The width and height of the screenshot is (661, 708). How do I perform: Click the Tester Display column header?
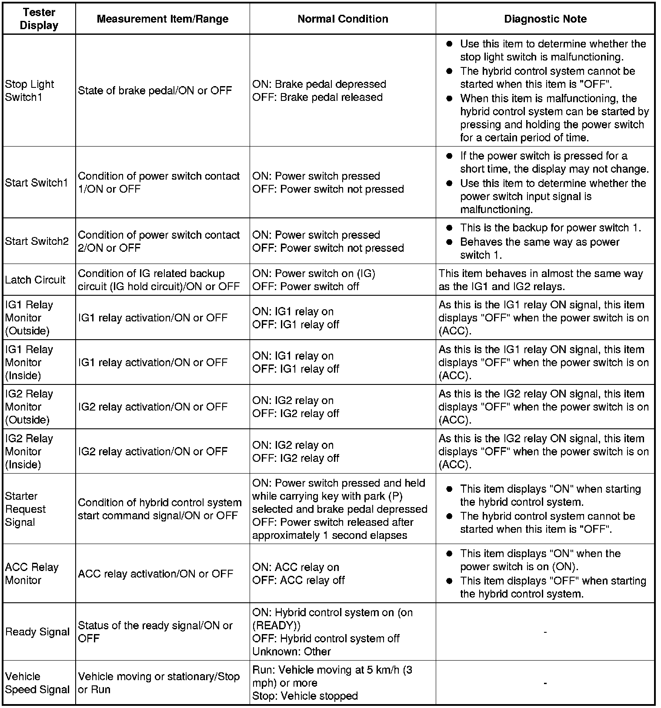pos(39,19)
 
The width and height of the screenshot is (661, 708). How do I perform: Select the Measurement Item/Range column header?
pos(162,19)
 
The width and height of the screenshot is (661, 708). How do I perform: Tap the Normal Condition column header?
pos(343,19)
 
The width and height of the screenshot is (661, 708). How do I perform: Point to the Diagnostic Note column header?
pos(545,19)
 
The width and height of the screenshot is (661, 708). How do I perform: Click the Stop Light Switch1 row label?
pos(30,90)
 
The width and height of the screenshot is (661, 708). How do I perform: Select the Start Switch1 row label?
pos(37,183)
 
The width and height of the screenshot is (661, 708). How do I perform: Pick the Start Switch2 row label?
pos(37,241)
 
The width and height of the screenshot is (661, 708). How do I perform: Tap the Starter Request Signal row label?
pos(25,509)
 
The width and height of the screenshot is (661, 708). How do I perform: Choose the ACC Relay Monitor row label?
pos(31,574)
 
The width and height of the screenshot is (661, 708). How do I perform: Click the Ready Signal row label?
pos(37,632)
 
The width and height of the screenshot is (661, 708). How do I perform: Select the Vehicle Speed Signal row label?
pos(37,683)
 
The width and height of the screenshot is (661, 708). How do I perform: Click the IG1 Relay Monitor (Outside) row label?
pos(29,318)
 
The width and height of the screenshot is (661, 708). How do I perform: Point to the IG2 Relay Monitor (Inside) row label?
pos(29,451)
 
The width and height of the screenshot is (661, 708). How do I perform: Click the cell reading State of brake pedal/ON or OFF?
pos(155,90)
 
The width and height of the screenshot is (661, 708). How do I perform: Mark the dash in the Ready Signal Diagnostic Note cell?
pos(545,632)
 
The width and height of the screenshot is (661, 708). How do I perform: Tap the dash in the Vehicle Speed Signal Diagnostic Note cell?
pos(545,683)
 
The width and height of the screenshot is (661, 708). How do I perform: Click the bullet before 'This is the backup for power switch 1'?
pos(450,228)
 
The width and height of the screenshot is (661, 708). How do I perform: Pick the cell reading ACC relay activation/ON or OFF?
pos(155,574)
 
